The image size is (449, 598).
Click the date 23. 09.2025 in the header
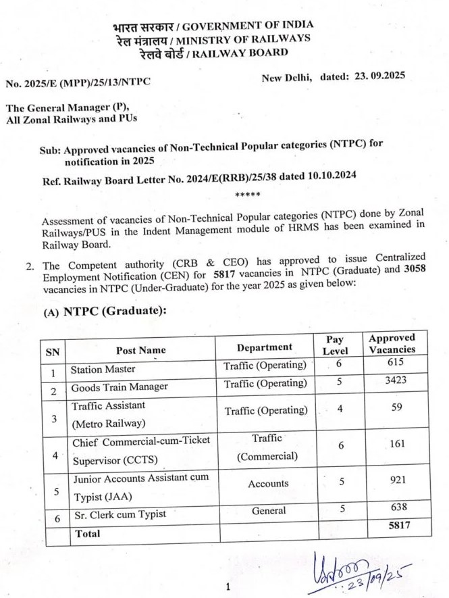click(379, 76)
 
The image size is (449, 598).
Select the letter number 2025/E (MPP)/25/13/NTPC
click(78, 82)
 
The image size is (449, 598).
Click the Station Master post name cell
click(103, 369)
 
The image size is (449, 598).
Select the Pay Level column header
click(335, 345)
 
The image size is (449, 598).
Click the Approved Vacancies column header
click(392, 343)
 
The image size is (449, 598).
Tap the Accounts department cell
click(267, 484)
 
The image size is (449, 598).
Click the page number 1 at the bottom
click(228, 587)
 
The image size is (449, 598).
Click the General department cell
click(269, 511)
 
